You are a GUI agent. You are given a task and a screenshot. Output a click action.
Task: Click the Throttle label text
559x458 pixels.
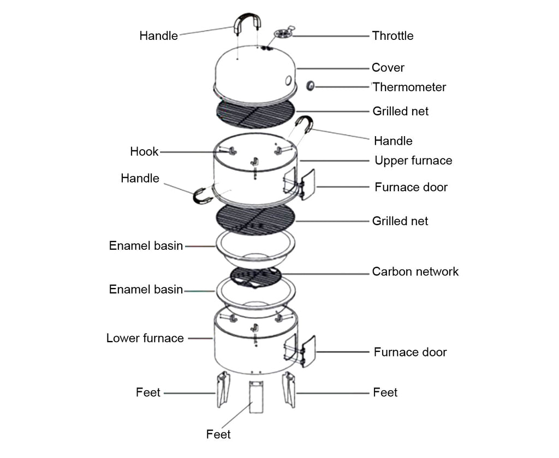click(393, 36)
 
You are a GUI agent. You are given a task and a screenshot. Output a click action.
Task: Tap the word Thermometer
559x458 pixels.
click(409, 87)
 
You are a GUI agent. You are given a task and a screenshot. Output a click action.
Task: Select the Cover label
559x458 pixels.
click(388, 68)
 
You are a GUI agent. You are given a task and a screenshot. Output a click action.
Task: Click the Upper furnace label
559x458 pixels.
click(413, 161)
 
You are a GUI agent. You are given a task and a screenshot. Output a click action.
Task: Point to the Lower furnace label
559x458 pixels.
click(145, 338)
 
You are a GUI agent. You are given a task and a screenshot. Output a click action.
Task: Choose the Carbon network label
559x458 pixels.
click(415, 272)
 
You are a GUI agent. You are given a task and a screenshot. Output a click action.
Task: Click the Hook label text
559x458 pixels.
click(144, 152)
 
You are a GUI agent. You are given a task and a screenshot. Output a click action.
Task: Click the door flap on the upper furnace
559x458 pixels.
click(307, 184)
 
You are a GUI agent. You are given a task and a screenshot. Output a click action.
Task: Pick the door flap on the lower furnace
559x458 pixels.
click(307, 350)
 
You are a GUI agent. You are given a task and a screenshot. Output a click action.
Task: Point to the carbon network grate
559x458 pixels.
click(256, 277)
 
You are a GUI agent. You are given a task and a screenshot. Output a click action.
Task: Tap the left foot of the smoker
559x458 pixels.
click(223, 389)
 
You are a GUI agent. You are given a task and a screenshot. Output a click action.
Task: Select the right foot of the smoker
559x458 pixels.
click(288, 389)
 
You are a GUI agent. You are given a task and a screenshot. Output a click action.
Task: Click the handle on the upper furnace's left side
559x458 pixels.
click(202, 196)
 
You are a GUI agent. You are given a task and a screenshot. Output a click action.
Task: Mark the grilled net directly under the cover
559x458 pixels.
click(255, 114)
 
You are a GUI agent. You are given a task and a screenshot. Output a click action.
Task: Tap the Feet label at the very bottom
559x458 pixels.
click(218, 434)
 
